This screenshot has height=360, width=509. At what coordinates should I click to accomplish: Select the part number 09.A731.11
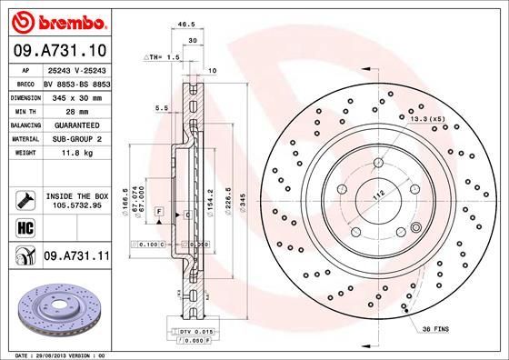point(77,258)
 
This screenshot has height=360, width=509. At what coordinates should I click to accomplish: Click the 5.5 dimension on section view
point(162,107)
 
